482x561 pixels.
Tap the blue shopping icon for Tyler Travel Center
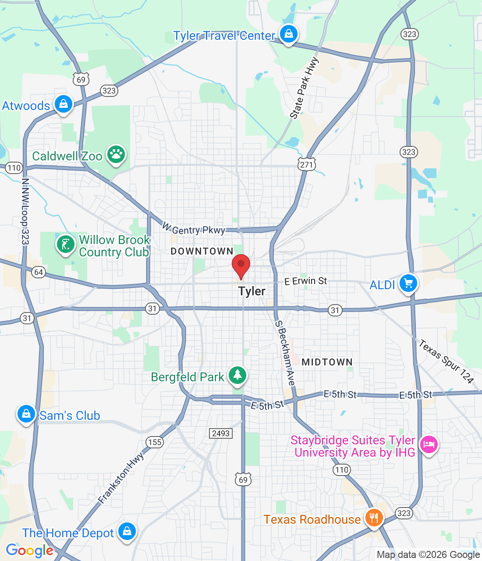point(288,34)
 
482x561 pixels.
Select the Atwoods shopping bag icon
point(64,104)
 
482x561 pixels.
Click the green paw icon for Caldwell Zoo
point(116,154)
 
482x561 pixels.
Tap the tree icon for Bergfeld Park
point(237,375)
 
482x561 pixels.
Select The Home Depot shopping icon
point(127,531)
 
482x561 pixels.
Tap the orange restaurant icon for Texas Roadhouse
point(373,518)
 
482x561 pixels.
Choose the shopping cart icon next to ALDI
point(408,283)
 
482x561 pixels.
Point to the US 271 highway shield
point(306,165)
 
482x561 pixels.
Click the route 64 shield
point(39,272)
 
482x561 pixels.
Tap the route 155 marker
point(155,442)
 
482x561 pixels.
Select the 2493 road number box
point(221,433)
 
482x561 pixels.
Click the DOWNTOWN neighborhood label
point(202,251)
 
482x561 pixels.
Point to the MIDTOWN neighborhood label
point(327,362)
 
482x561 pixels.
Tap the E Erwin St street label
point(305,281)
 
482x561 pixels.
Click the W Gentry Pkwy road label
point(194,229)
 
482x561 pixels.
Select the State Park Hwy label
point(304,88)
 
